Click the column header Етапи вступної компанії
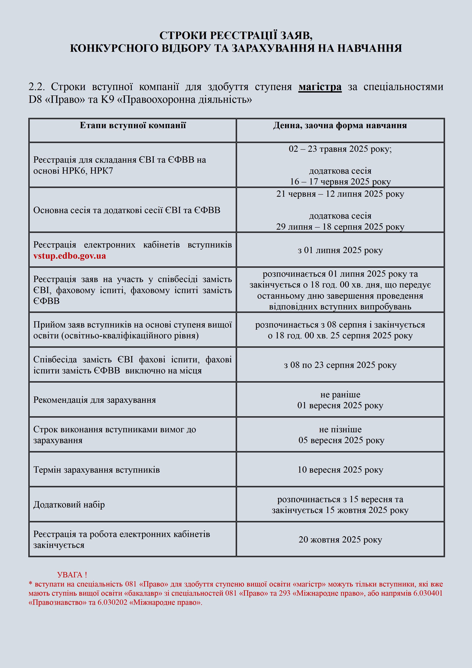click(x=133, y=125)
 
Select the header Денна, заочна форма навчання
click(x=340, y=125)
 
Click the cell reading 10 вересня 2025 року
click(x=340, y=470)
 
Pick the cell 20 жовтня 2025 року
click(x=340, y=539)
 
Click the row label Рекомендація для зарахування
click(x=95, y=400)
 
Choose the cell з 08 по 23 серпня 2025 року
click(x=340, y=365)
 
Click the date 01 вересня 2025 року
click(x=340, y=405)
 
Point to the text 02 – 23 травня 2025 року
click(x=340, y=149)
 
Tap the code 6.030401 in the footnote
click(x=427, y=593)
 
